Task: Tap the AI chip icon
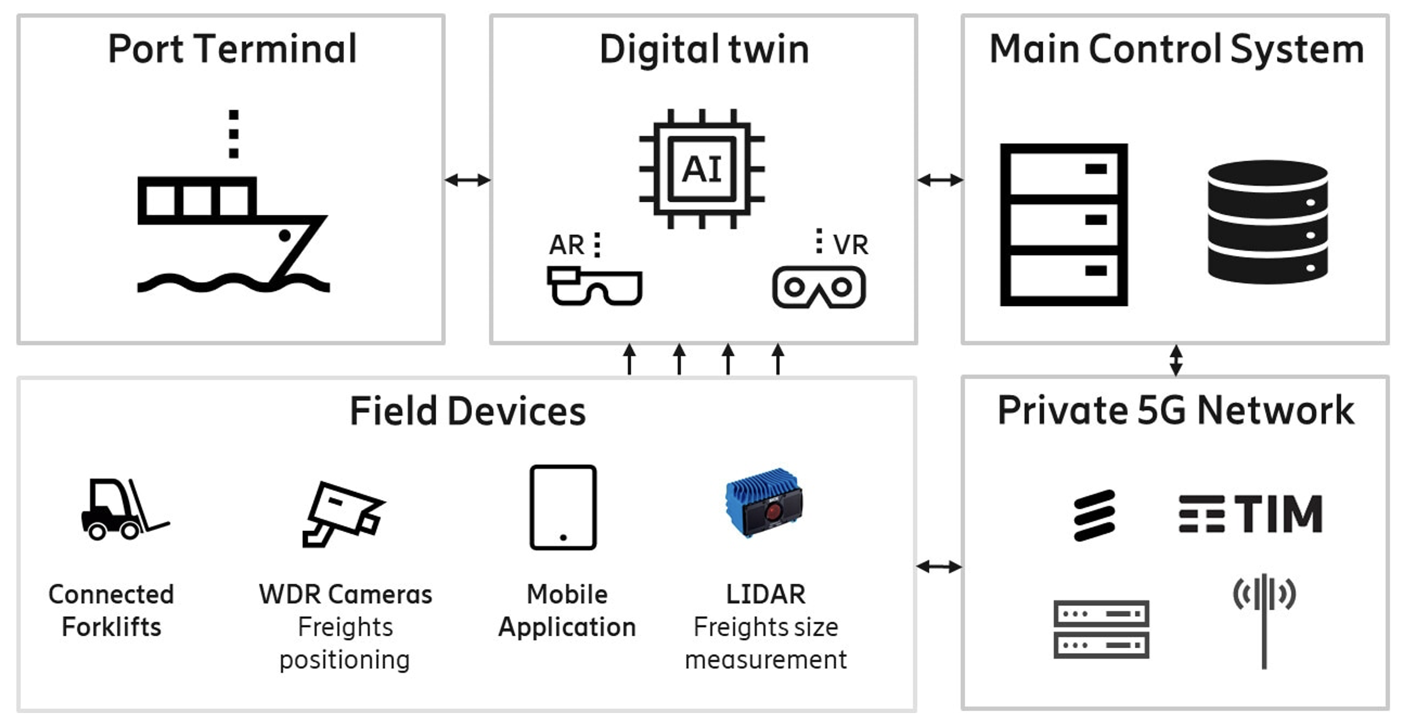(702, 169)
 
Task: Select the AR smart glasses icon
(594, 287)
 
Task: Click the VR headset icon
(819, 287)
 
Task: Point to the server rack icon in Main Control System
(1064, 225)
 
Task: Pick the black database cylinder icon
(1268, 222)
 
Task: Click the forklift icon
(125, 509)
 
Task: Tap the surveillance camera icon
(344, 514)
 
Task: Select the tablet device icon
(563, 507)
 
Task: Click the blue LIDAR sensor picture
(764, 502)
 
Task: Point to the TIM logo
(1250, 513)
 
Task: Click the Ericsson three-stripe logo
(1094, 515)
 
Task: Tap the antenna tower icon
(1264, 621)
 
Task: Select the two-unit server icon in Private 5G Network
(1101, 629)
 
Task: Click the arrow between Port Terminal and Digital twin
(467, 180)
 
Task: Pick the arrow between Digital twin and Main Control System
(940, 180)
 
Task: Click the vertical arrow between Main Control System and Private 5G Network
(1176, 360)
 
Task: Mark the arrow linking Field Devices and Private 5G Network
(939, 566)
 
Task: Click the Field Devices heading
(467, 411)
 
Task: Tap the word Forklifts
(112, 627)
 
